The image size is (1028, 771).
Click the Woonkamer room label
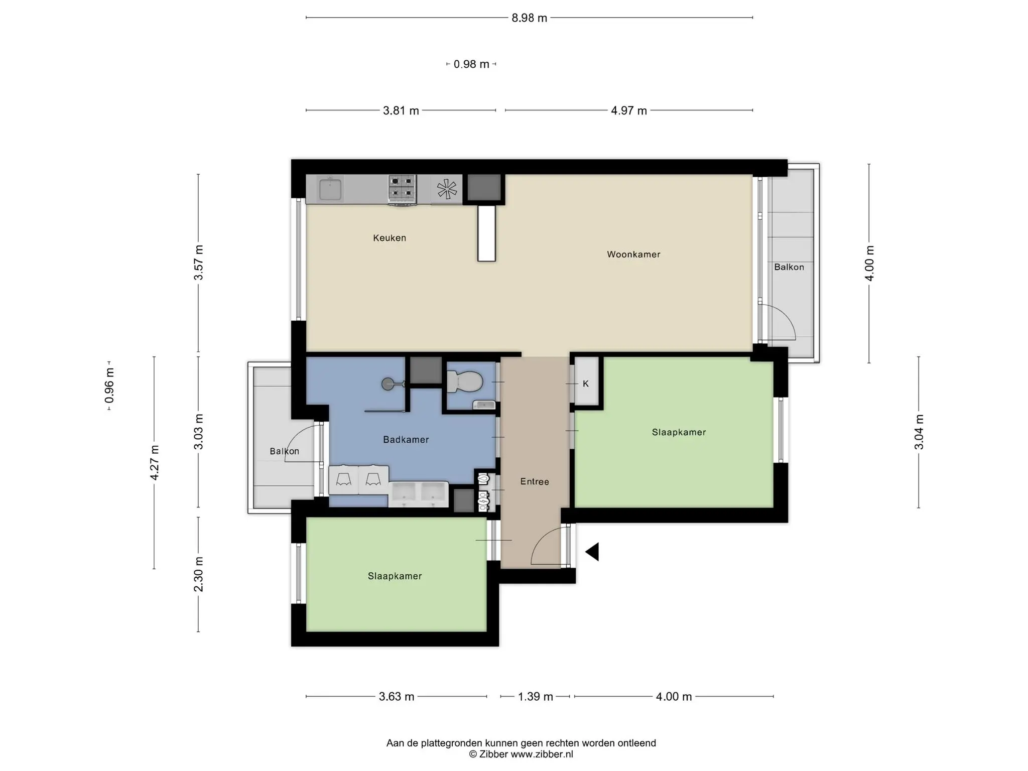(633, 254)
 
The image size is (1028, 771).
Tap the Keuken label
(390, 238)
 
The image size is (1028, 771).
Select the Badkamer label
(406, 440)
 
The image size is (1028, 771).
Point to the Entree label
(535, 482)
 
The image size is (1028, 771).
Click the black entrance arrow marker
(592, 552)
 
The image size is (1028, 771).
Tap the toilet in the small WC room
(464, 381)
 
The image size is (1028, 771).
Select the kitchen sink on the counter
(330, 188)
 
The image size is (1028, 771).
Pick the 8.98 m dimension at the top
(529, 18)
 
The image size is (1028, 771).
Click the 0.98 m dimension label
(471, 64)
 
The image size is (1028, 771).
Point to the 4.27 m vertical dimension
(155, 463)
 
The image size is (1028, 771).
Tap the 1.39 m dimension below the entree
(535, 697)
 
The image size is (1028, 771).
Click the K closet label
(586, 384)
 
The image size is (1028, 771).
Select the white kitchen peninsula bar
(486, 233)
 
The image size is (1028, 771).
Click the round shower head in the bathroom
(388, 384)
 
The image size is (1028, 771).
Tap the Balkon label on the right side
(789, 267)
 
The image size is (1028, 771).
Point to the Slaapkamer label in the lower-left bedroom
(395, 576)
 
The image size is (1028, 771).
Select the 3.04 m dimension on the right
(919, 432)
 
